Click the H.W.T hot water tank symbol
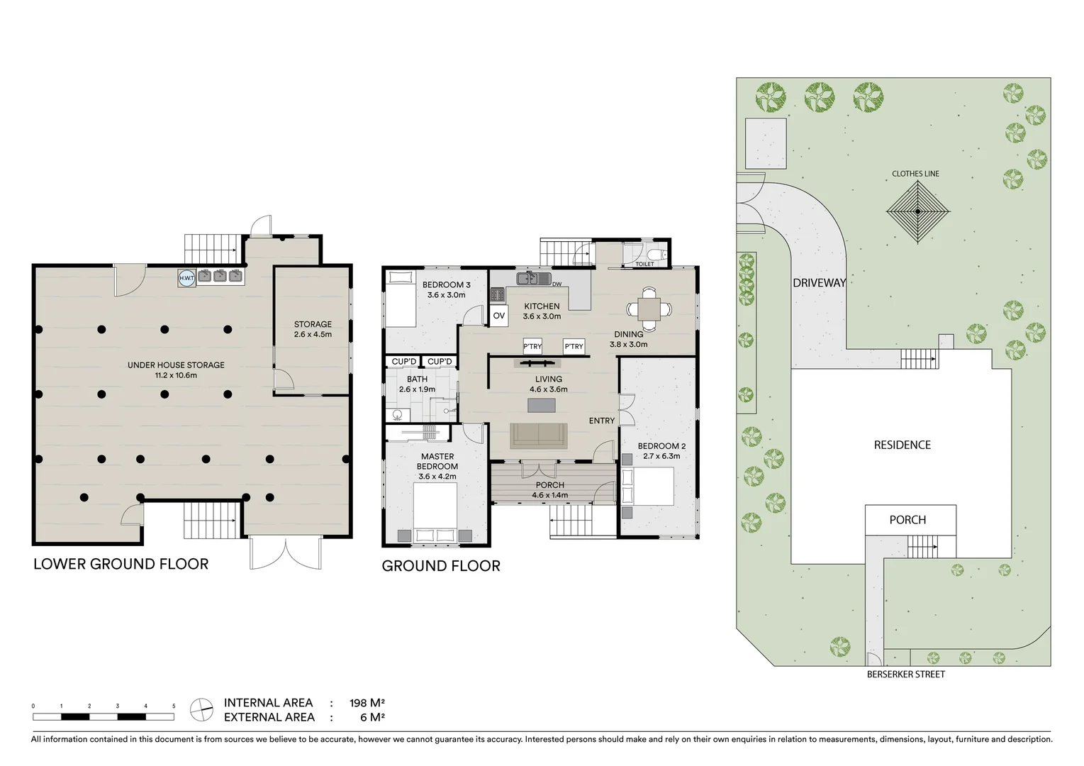pyautogui.click(x=186, y=278)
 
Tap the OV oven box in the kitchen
pyautogui.click(x=499, y=316)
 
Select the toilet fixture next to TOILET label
pyautogui.click(x=656, y=254)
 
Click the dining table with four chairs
pyautogui.click(x=649, y=309)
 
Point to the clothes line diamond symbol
pyautogui.click(x=917, y=211)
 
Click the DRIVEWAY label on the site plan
pyautogui.click(x=819, y=283)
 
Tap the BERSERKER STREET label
pyautogui.click(x=905, y=675)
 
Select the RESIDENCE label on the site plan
pyautogui.click(x=902, y=445)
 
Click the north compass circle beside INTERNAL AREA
pyautogui.click(x=201, y=709)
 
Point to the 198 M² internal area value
pyautogui.click(x=367, y=703)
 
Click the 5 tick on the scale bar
pyautogui.click(x=174, y=706)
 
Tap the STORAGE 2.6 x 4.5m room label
pyautogui.click(x=313, y=329)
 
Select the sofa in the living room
pyautogui.click(x=539, y=435)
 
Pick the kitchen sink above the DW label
pyautogui.click(x=532, y=277)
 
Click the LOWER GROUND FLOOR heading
pyautogui.click(x=121, y=565)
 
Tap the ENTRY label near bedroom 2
pyautogui.click(x=602, y=421)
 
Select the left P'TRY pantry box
pyautogui.click(x=532, y=346)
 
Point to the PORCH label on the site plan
pyautogui.click(x=907, y=520)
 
